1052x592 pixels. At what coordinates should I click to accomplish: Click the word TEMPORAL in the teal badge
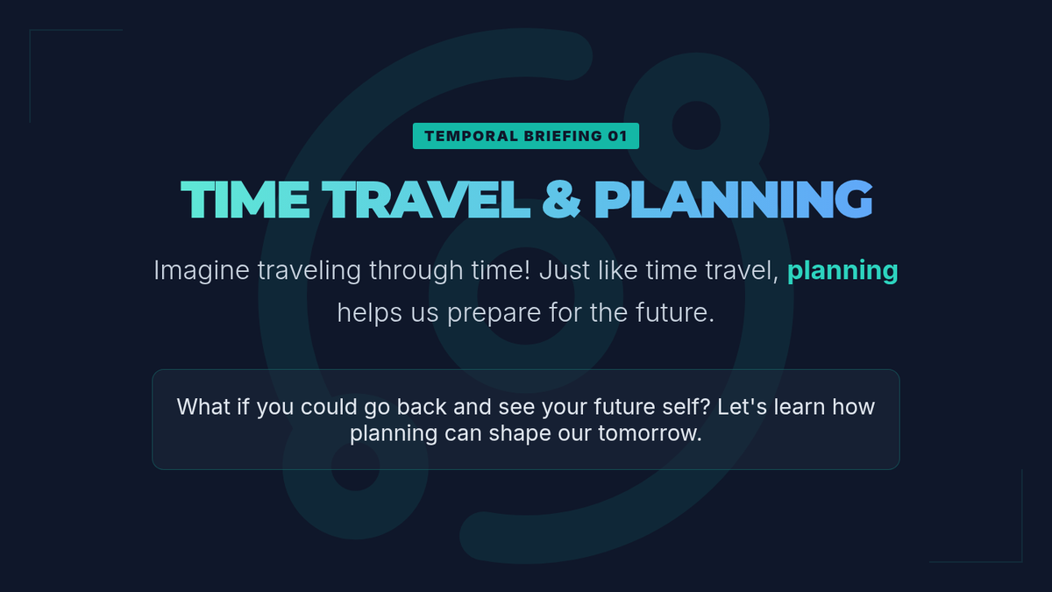point(471,136)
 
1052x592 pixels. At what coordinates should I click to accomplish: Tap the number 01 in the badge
point(617,136)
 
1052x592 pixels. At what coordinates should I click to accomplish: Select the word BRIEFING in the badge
point(563,136)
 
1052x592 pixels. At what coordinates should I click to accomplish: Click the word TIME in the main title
point(245,200)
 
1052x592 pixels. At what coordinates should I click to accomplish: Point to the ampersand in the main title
point(561,200)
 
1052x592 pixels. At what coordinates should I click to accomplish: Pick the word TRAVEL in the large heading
point(426,200)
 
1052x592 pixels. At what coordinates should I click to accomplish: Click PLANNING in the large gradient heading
point(733,200)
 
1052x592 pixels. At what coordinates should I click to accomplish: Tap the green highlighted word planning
point(842,271)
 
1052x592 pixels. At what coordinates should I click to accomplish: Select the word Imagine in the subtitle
point(202,271)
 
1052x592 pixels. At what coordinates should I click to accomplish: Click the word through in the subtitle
point(416,271)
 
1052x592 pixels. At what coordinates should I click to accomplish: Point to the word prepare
point(494,313)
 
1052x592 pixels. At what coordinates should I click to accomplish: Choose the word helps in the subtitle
point(370,312)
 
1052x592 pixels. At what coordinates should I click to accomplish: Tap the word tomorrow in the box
point(650,433)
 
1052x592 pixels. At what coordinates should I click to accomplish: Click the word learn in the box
point(800,407)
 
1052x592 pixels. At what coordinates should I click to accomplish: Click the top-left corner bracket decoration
point(30,30)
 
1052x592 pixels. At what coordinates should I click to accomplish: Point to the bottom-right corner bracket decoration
point(1022,561)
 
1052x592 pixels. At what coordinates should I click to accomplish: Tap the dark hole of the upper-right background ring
point(696,125)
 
